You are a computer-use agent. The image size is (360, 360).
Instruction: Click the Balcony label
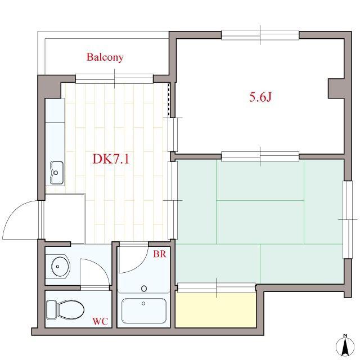pyautogui.click(x=105, y=57)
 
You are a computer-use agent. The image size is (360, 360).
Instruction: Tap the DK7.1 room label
pyautogui.click(x=111, y=159)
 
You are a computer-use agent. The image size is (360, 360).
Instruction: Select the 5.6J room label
pyautogui.click(x=260, y=97)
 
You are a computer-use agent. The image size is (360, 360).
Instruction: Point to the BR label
pyautogui.click(x=160, y=254)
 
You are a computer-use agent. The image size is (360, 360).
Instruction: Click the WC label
pyautogui.click(x=100, y=321)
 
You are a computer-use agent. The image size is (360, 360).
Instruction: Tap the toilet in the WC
pyautogui.click(x=65, y=310)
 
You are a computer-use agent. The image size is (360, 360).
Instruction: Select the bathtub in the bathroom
pyautogui.click(x=144, y=310)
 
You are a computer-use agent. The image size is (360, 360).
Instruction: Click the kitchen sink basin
pyautogui.click(x=56, y=173)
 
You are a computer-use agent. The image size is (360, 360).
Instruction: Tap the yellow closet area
pyautogui.click(x=215, y=310)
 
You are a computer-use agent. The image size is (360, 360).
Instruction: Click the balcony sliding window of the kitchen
pyautogui.click(x=114, y=79)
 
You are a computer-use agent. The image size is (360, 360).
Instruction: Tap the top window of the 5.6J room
pyautogui.click(x=260, y=35)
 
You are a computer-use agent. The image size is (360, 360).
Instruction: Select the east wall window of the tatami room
pyautogui.click(x=348, y=220)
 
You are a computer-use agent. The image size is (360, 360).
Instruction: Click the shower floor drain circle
pyautogui.click(x=144, y=289)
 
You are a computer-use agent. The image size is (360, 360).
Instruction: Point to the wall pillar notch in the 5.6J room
pyautogui.click(x=336, y=89)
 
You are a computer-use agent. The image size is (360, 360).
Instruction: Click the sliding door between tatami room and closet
pyautogui.click(x=216, y=287)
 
